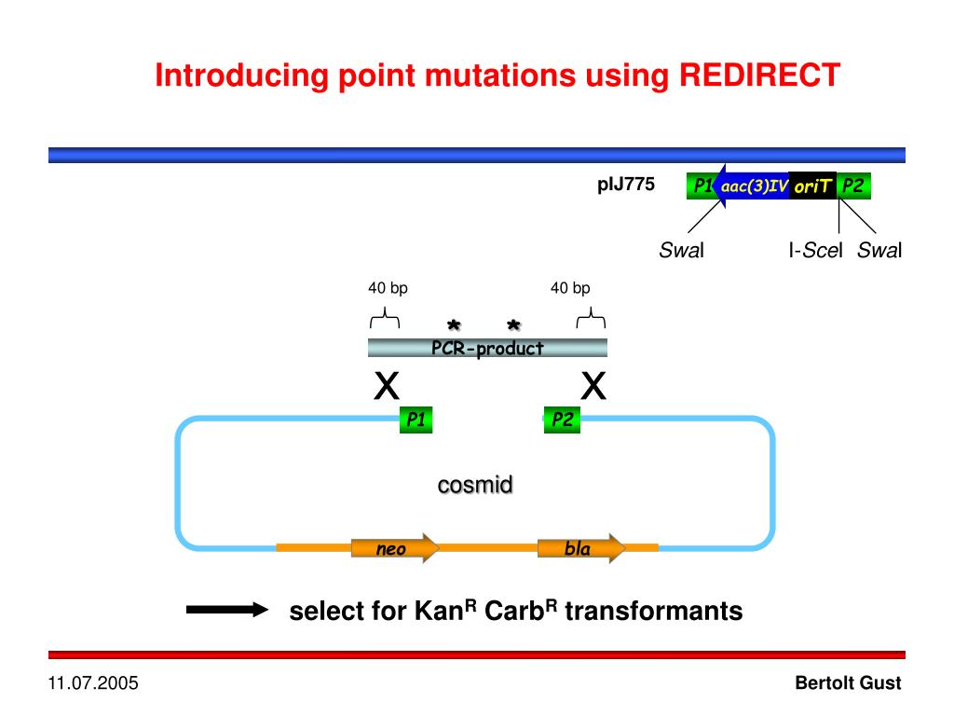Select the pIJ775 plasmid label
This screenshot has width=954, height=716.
pyautogui.click(x=626, y=185)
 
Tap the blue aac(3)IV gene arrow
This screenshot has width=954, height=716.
pyautogui.click(x=751, y=186)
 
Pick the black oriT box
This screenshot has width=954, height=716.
pyautogui.click(x=812, y=186)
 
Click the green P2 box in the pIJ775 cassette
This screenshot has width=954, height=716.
pyautogui.click(x=852, y=186)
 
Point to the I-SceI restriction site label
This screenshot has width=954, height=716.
pyautogui.click(x=815, y=250)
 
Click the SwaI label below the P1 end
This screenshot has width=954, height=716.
pyautogui.click(x=682, y=250)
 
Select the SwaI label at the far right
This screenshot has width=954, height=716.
pyautogui.click(x=880, y=250)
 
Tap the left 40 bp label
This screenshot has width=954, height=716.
pyautogui.click(x=388, y=288)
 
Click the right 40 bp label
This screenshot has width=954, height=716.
pyautogui.click(x=570, y=288)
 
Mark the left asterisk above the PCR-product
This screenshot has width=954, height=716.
pyautogui.click(x=454, y=326)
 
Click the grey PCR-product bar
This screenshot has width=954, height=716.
pyautogui.click(x=487, y=348)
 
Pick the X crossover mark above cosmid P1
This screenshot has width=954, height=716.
pyautogui.click(x=387, y=384)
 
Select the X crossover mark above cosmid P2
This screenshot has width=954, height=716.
pyautogui.click(x=593, y=384)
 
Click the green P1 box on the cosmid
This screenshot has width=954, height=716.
pyautogui.click(x=416, y=420)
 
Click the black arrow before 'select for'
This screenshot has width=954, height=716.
pyautogui.click(x=226, y=611)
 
